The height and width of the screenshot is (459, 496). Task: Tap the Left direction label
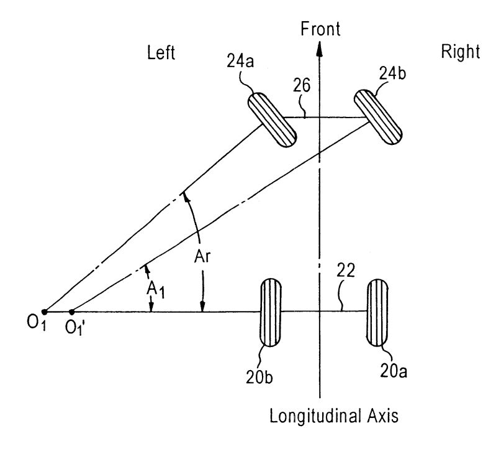[x=161, y=53]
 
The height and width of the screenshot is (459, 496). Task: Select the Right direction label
[x=460, y=52]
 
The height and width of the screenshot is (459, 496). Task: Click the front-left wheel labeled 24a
[x=273, y=119]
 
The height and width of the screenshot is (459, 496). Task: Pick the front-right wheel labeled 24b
[x=378, y=116]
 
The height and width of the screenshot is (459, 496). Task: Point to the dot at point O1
[x=44, y=311]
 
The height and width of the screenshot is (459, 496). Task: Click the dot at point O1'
[x=72, y=311]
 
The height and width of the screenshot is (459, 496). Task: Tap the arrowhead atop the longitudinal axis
[x=319, y=47]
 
